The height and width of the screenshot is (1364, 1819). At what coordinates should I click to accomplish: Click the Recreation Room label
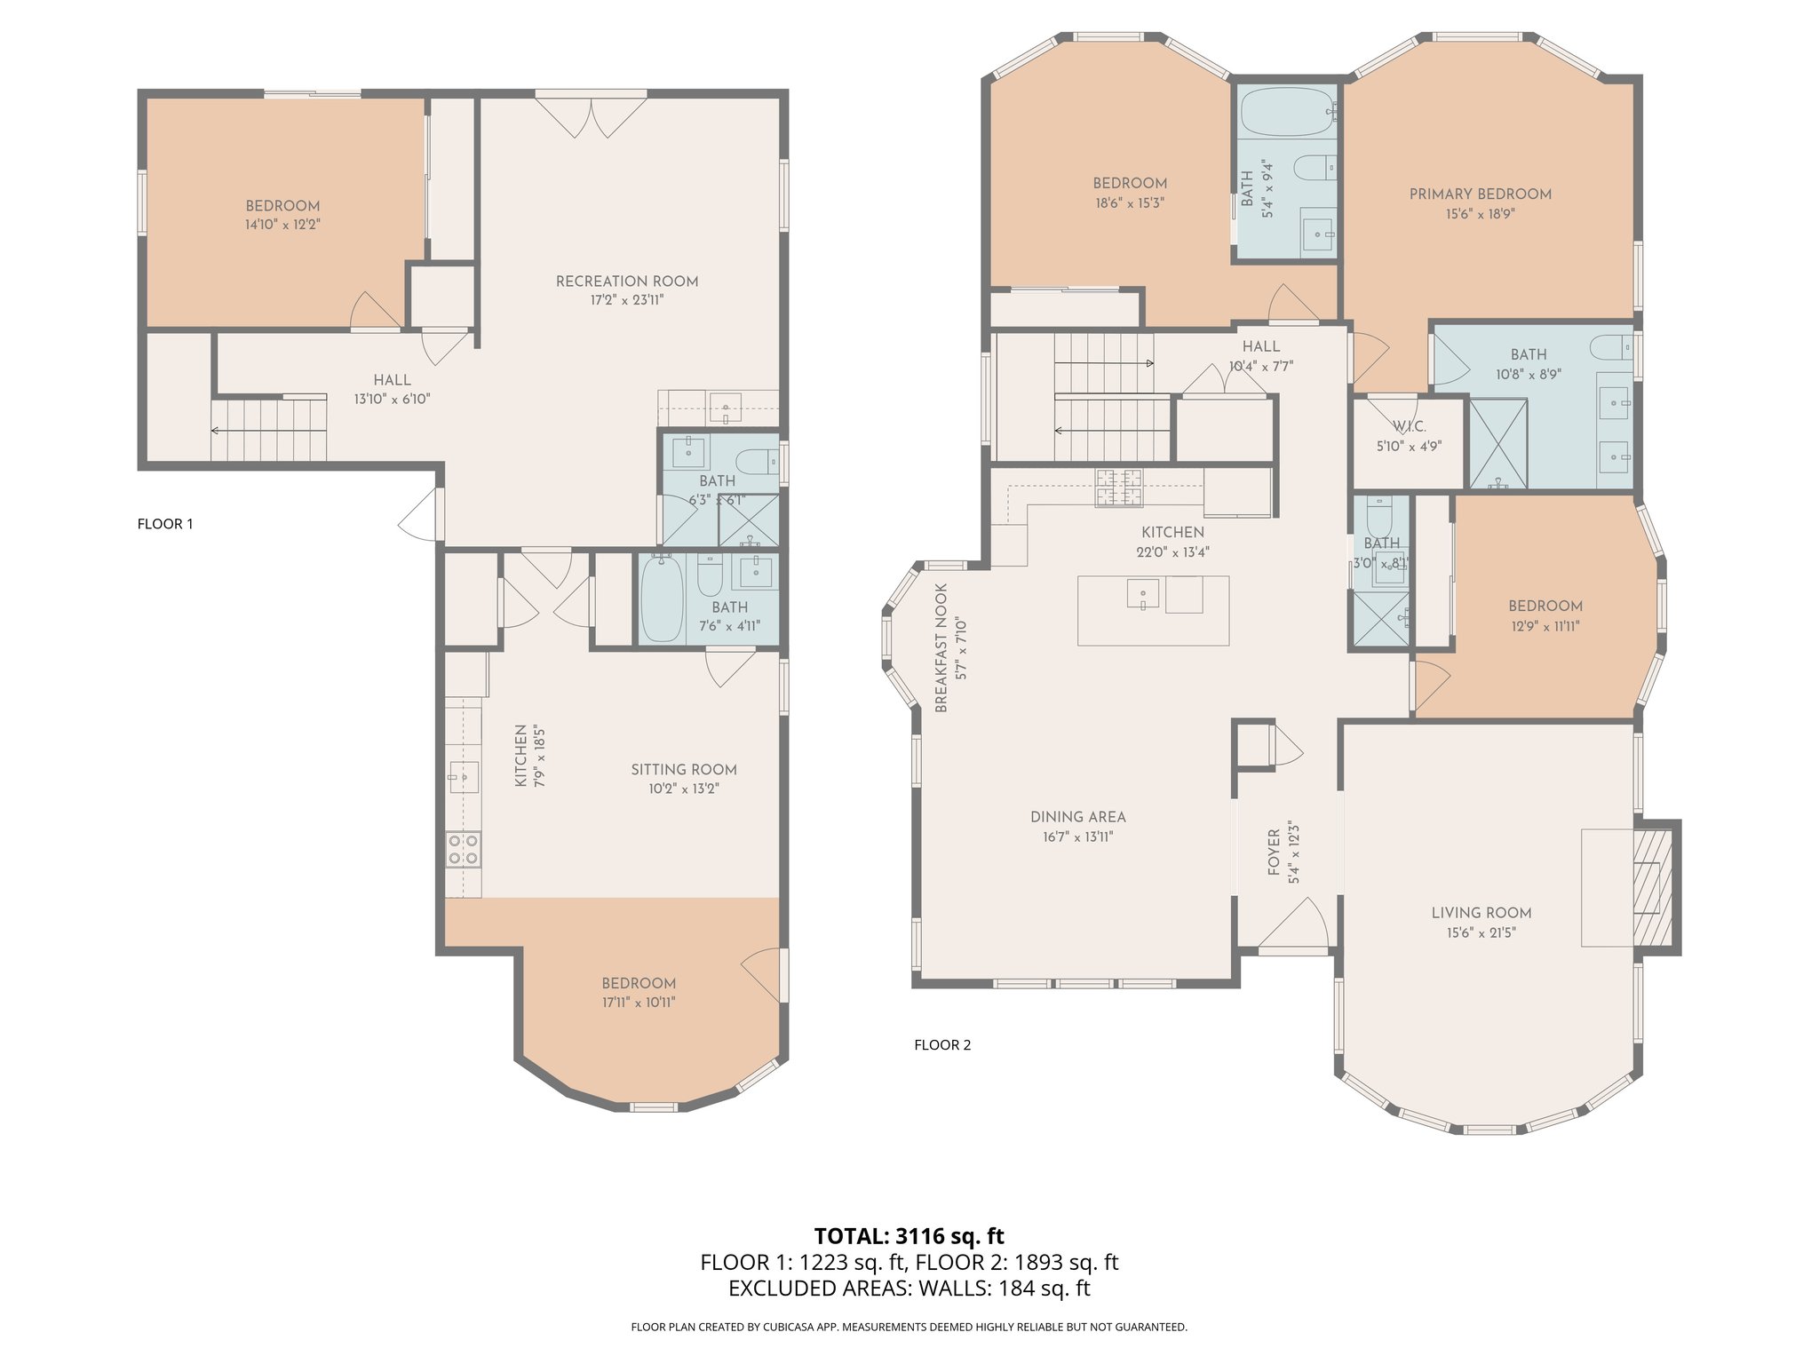(x=627, y=282)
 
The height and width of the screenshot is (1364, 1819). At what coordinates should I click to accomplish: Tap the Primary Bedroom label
(x=1481, y=194)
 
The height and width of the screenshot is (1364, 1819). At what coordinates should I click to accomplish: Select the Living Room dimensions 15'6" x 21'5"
(x=1481, y=932)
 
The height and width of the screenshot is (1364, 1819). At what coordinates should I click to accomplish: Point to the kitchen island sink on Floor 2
(x=1142, y=594)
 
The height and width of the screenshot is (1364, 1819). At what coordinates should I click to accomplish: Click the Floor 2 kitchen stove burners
(x=1118, y=488)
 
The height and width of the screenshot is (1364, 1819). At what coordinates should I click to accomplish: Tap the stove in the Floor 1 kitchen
(x=463, y=849)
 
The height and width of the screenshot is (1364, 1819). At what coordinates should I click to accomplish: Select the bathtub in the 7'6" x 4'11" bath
(x=662, y=598)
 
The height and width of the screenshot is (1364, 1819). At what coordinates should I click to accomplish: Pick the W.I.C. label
(x=1410, y=427)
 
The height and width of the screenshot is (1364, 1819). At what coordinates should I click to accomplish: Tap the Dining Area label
(x=1078, y=817)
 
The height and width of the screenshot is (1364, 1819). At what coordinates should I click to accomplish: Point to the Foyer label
(x=1275, y=852)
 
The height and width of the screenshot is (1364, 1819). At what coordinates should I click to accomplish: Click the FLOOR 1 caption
(x=165, y=524)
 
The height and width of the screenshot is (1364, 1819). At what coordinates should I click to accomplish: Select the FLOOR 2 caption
(x=942, y=1045)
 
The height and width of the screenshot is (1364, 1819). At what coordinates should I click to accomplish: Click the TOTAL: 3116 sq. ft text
(x=909, y=1236)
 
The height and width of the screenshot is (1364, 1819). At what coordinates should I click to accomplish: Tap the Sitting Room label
(x=684, y=770)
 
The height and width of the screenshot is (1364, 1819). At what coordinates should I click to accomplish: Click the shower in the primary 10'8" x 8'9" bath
(x=1498, y=444)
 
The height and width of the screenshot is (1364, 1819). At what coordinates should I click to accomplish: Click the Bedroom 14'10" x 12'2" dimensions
(x=282, y=225)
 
